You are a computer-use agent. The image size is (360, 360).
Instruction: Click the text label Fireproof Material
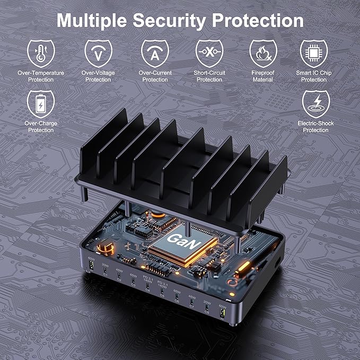263,76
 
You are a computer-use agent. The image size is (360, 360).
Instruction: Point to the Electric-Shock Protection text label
315,127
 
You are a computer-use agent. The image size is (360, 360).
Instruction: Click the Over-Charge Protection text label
41,127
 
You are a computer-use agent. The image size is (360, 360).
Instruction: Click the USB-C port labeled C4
147,288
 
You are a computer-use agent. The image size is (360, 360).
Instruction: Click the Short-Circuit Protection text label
209,76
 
